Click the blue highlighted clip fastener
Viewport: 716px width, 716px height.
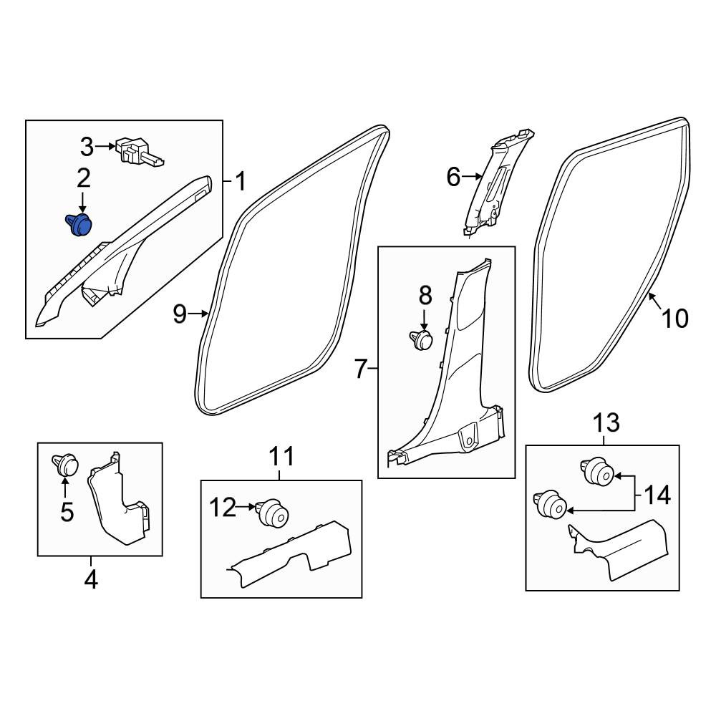[79, 224]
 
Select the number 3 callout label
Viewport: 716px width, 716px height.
[87, 147]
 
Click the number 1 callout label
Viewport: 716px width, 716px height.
[240, 181]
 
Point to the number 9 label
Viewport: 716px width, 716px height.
[180, 314]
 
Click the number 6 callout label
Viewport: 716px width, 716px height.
[453, 177]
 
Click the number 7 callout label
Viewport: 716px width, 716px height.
[360, 369]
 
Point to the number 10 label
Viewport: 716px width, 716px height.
[674, 319]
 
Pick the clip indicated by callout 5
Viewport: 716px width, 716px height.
[65, 465]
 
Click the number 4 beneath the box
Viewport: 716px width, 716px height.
[91, 581]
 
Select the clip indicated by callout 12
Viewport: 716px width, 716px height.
[272, 512]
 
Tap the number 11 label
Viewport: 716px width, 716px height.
[281, 457]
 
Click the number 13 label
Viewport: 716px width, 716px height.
[606, 422]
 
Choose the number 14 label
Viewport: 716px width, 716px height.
[657, 495]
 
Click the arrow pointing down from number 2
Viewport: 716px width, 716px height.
[82, 203]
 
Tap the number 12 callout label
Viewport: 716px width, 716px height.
[223, 508]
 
